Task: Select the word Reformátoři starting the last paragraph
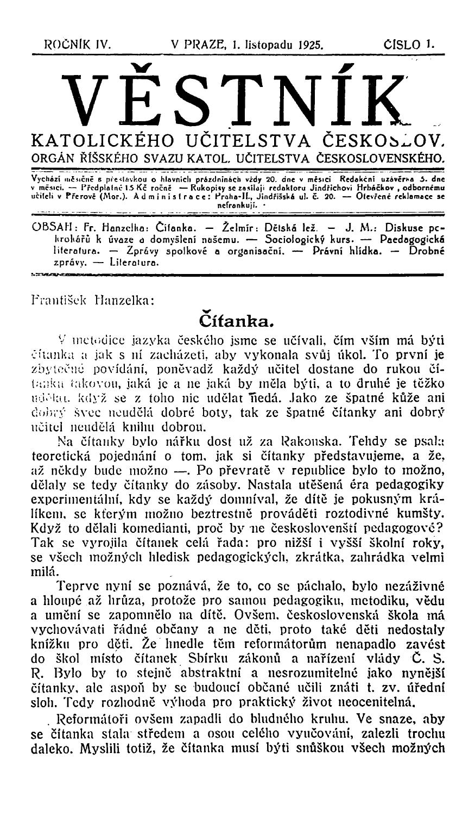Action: (x=95, y=740)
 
